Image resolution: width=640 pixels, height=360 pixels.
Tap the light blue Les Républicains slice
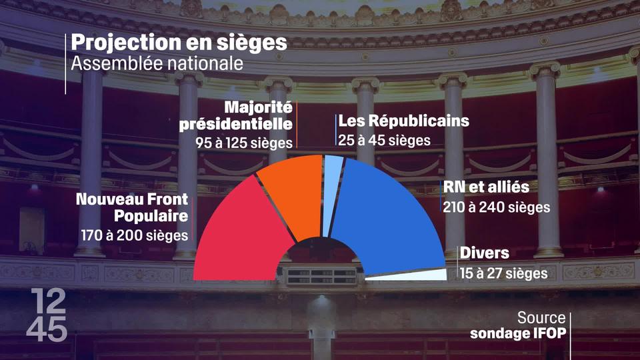[x=331, y=193]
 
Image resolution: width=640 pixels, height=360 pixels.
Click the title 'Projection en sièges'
[x=179, y=43]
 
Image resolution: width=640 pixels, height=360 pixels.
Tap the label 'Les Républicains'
[x=404, y=121]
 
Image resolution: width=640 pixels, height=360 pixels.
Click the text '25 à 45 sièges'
[x=385, y=141]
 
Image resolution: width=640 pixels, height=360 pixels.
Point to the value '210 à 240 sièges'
[x=497, y=207]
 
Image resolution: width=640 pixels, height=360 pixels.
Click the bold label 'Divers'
[x=484, y=253]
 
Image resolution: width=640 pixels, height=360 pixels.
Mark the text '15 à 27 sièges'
[x=503, y=273]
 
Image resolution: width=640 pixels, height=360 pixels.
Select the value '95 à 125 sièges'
[x=244, y=143]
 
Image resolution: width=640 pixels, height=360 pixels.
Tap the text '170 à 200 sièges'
[x=133, y=235]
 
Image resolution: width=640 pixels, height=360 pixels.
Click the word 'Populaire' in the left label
[x=151, y=216]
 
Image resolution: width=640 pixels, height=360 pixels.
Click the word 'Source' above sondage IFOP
[x=541, y=318]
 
